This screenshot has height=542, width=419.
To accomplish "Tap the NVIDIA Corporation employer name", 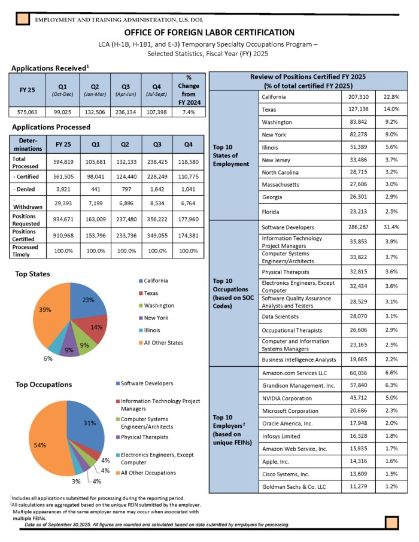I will (x=287, y=398).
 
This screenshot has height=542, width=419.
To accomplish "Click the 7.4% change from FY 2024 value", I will (x=189, y=112).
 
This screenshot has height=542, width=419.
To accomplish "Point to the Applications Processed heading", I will (x=51, y=127).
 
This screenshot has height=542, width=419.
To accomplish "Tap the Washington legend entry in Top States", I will (x=159, y=305).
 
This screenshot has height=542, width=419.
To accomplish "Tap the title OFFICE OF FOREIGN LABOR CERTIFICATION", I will (x=209, y=32).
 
